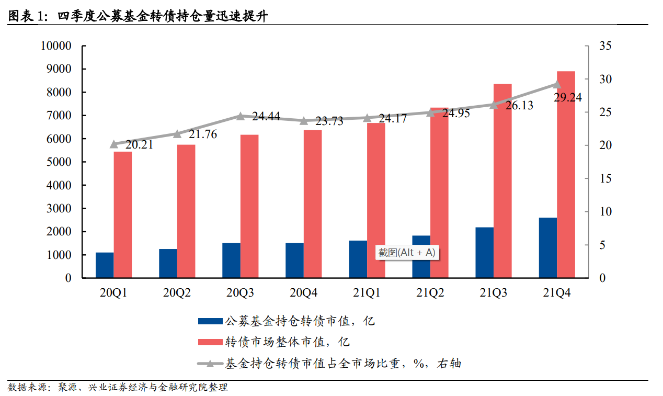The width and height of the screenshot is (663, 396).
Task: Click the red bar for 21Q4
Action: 566,174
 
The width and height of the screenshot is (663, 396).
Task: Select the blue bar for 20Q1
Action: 105,265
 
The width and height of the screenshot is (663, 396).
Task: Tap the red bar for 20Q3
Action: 249,206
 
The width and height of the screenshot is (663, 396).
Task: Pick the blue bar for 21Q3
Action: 484,252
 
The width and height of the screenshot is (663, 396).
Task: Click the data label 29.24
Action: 567,97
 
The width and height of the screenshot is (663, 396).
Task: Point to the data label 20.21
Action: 139,145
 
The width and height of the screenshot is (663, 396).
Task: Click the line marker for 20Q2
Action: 177,134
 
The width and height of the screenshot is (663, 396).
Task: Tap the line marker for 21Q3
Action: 494,105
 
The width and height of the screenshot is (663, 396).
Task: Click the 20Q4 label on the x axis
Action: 304,293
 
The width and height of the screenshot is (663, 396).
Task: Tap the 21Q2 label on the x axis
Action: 430,293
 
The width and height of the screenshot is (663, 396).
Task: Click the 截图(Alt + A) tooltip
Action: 407,253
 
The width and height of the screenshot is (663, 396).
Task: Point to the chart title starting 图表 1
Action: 138,16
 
